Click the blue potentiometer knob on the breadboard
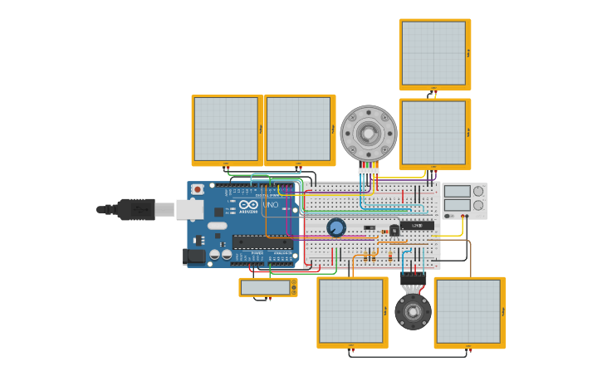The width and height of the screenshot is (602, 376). (336, 227)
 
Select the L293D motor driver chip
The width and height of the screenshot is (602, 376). (417, 226)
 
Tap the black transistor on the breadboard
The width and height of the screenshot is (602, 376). (394, 231)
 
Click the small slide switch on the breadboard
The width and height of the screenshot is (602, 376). (370, 227)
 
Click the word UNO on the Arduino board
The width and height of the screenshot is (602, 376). (271, 204)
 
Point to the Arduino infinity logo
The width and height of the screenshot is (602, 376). (248, 204)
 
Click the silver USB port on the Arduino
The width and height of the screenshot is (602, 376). (189, 209)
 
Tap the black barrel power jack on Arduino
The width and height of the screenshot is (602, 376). (194, 256)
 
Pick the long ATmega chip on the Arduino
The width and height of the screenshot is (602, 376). (262, 242)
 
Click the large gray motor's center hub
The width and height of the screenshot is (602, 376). (369, 134)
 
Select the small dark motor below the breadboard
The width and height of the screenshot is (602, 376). (413, 311)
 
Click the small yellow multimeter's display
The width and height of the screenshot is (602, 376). (266, 287)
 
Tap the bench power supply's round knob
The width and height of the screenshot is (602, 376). (477, 191)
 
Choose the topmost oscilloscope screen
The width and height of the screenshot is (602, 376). (433, 53)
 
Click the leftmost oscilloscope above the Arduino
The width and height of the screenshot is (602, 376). (226, 129)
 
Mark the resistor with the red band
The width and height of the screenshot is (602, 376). (384, 232)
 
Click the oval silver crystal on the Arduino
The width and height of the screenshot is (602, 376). (217, 225)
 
